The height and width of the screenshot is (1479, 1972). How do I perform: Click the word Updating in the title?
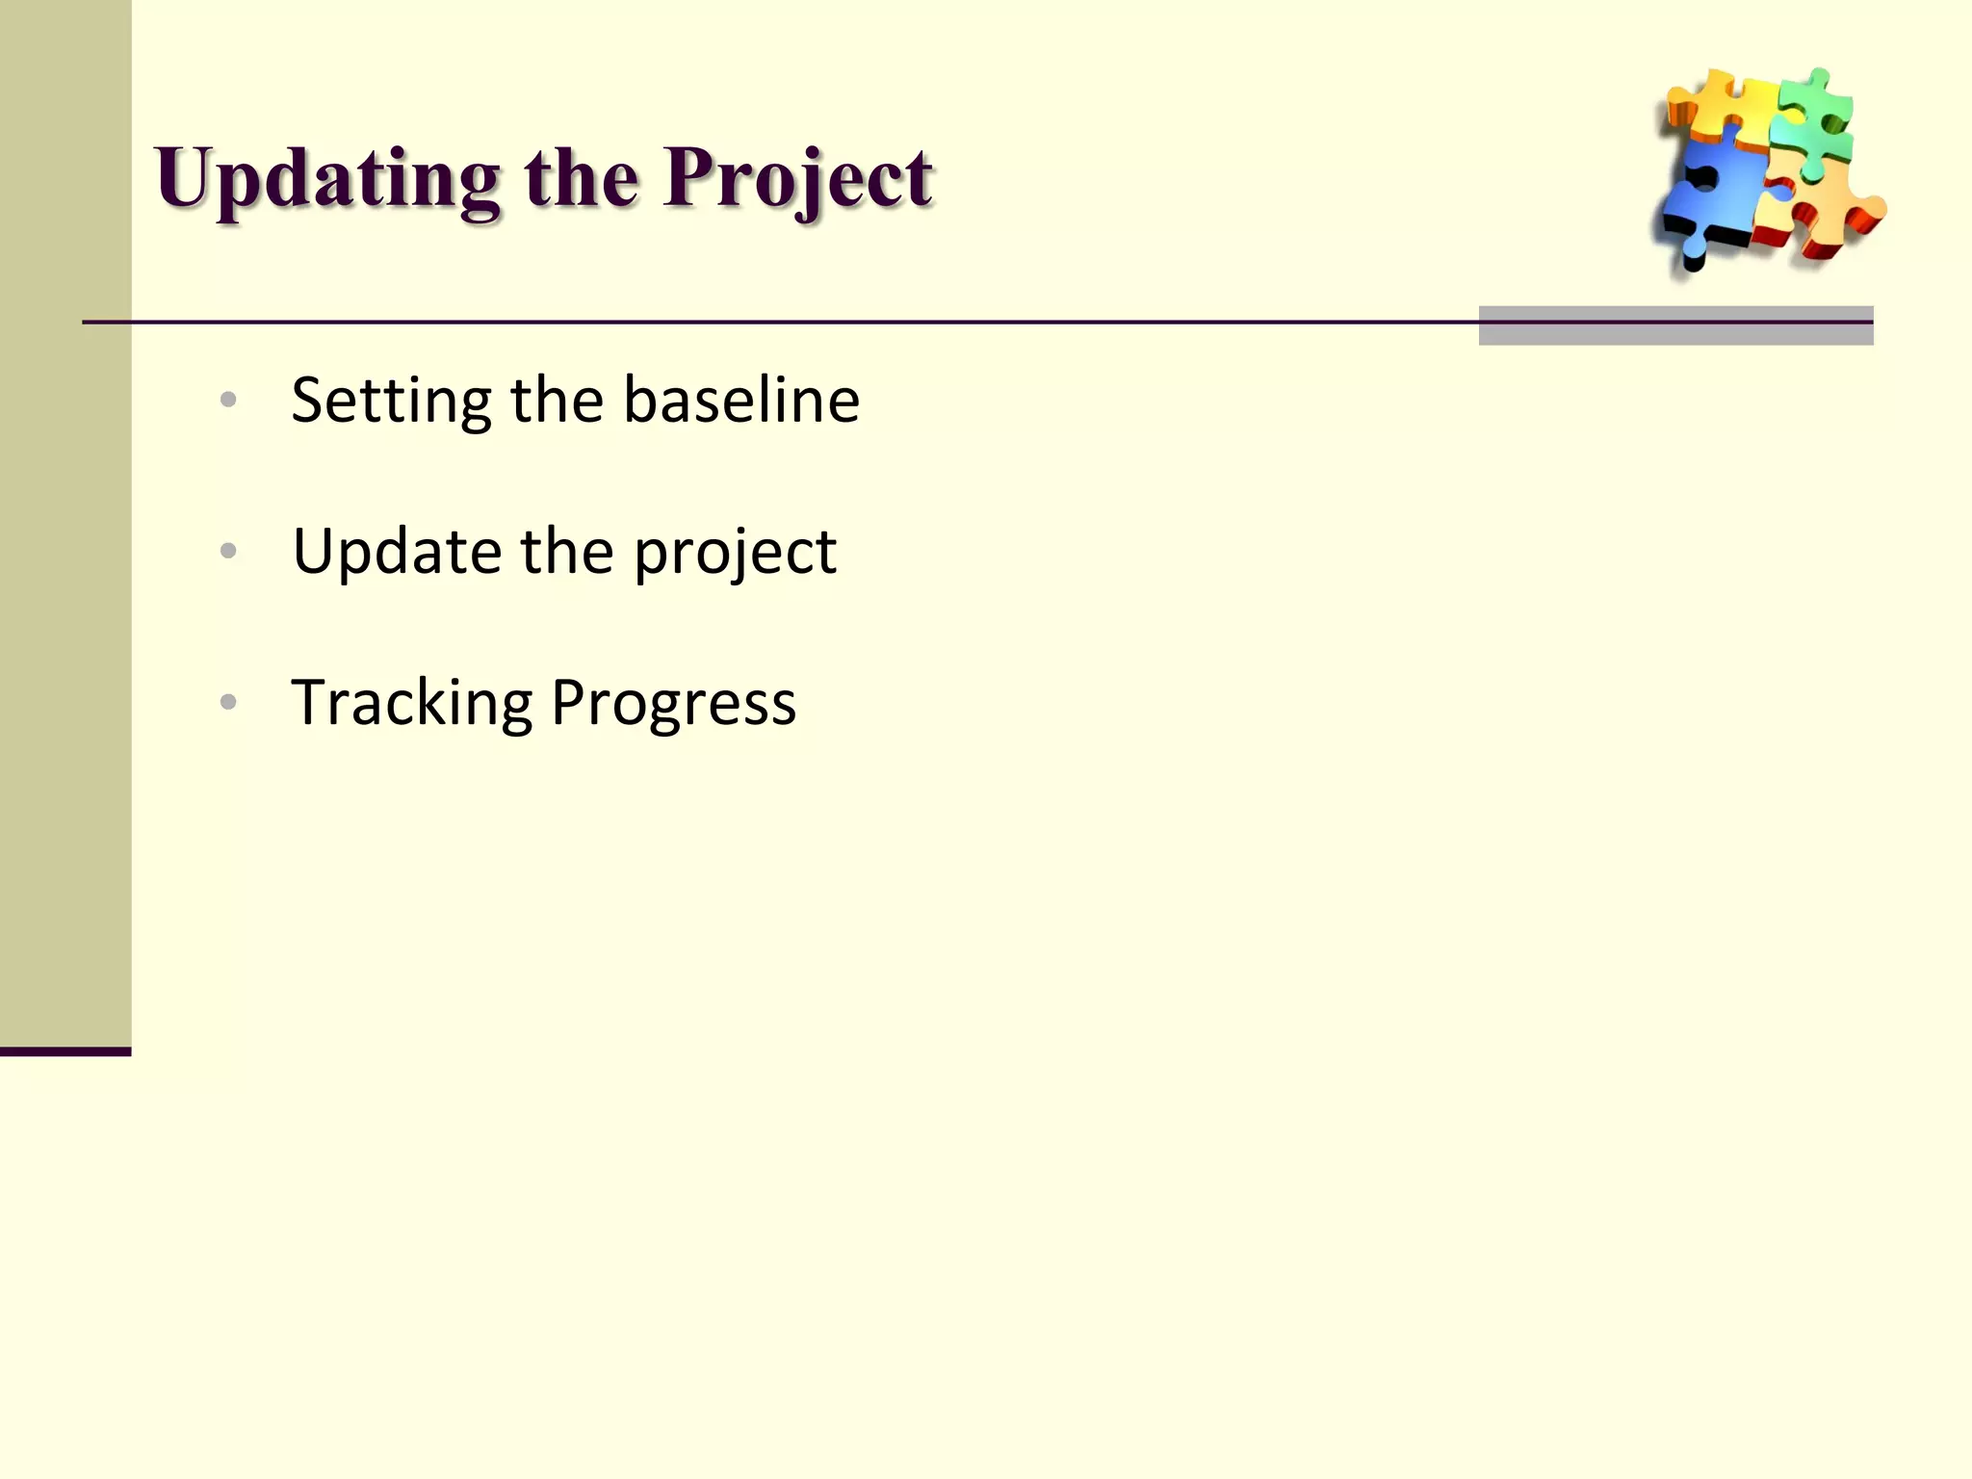(x=327, y=181)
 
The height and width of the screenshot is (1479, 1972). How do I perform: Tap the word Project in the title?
(x=797, y=181)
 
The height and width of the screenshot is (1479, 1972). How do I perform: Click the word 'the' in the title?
(x=581, y=179)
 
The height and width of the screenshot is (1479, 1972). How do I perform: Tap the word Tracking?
(x=411, y=704)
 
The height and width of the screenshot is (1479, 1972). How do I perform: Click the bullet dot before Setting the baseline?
(x=228, y=400)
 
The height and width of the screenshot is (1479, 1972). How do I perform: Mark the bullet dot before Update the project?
(x=228, y=551)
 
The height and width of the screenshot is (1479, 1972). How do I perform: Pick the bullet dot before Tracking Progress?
(x=228, y=702)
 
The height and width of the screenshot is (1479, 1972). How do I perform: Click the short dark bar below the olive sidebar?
(x=65, y=1051)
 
